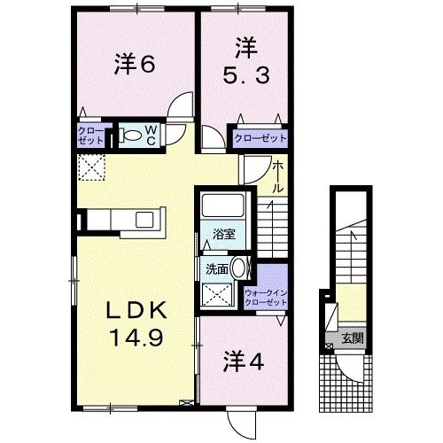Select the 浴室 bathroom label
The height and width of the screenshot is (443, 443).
click(x=223, y=234)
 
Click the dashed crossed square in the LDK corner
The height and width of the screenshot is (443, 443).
click(x=90, y=166)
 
